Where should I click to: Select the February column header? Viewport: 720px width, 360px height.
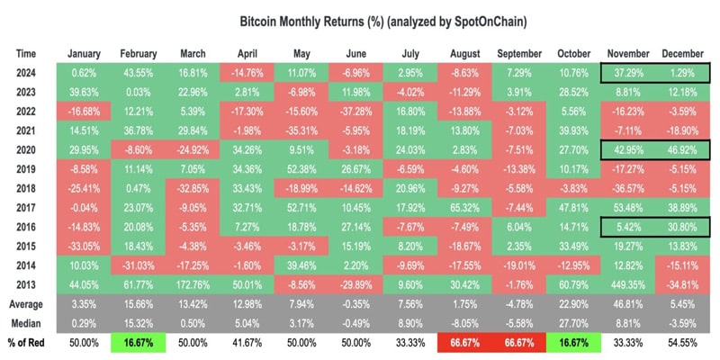(139, 52)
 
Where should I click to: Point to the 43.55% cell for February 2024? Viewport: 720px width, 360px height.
(139, 69)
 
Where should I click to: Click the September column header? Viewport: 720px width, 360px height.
(522, 52)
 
